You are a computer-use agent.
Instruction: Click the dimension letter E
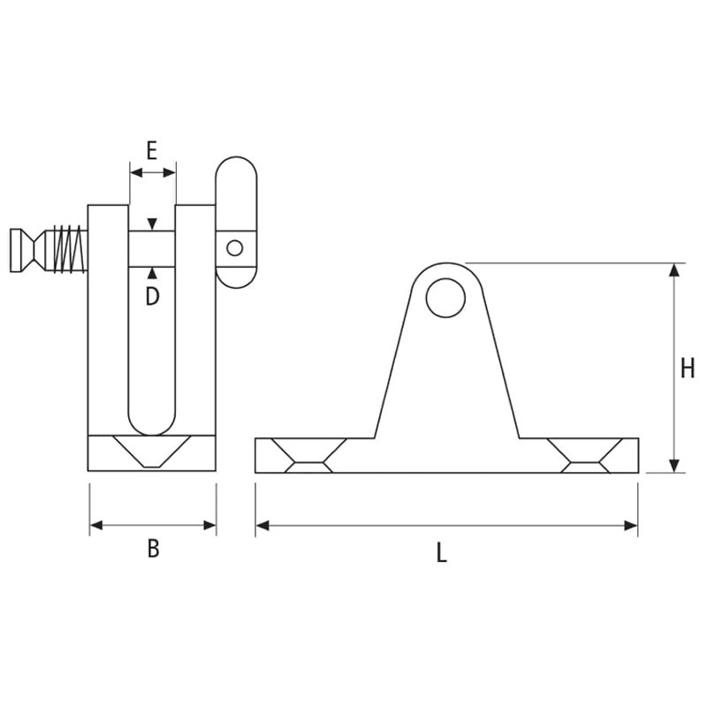click(x=152, y=150)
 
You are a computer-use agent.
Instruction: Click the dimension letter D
click(x=152, y=296)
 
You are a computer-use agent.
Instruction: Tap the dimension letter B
click(x=153, y=549)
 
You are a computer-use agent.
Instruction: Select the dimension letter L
click(x=441, y=552)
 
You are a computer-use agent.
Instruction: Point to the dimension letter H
click(x=688, y=368)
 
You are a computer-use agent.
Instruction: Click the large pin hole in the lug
click(x=445, y=298)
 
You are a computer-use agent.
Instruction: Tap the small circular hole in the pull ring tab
click(x=234, y=248)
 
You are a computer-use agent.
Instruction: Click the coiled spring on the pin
click(x=69, y=249)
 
